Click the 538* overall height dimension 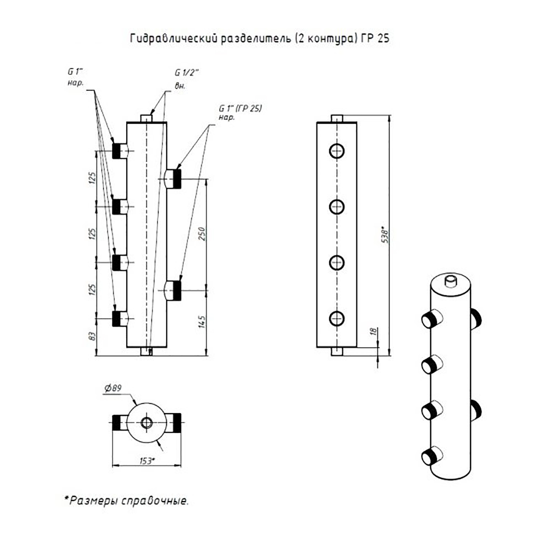point(385,236)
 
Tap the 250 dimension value point(202,234)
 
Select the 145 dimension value point(202,322)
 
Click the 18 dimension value point(374,332)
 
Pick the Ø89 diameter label point(113,388)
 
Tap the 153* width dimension point(147,461)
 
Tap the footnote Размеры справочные point(127,501)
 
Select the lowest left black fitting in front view point(117,318)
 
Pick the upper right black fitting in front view point(177,179)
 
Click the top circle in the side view point(337,151)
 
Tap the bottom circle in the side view point(337,318)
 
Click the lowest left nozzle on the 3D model point(431,455)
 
